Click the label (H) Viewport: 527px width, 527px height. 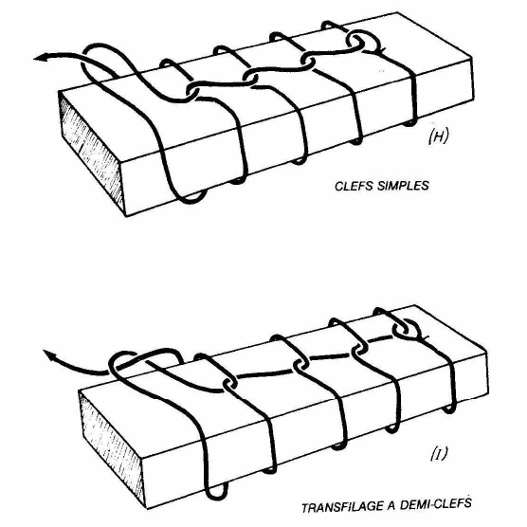coord(438,136)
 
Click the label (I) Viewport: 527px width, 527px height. coord(439,454)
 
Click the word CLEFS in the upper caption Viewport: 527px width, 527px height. coord(354,186)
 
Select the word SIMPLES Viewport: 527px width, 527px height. coord(404,186)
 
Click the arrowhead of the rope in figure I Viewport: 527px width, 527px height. coord(49,354)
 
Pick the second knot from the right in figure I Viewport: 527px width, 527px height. coord(359,350)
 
